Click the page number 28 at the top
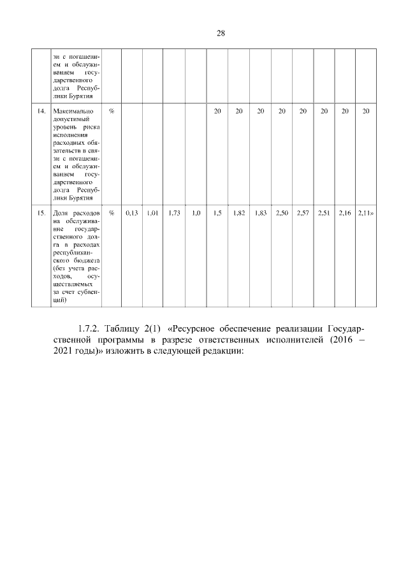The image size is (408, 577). pyautogui.click(x=221, y=34)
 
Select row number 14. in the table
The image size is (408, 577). pyautogui.click(x=41, y=112)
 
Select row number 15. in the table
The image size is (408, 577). pyautogui.click(x=41, y=212)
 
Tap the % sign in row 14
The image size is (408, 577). pyautogui.click(x=112, y=112)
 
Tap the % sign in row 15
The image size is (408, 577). pyautogui.click(x=112, y=212)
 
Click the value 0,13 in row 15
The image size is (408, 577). pyautogui.click(x=132, y=212)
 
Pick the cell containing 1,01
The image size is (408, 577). pyautogui.click(x=152, y=212)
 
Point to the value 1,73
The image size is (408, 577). pyautogui.click(x=174, y=212)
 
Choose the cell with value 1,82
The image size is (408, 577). pyautogui.click(x=239, y=212)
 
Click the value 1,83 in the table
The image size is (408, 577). pyautogui.click(x=260, y=212)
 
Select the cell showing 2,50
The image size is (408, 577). pyautogui.click(x=281, y=212)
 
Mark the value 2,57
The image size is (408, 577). pyautogui.click(x=302, y=212)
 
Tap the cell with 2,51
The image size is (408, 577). pyautogui.click(x=324, y=212)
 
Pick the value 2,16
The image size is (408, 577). pyautogui.click(x=345, y=212)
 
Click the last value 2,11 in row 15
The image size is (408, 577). pyautogui.click(x=365, y=212)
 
